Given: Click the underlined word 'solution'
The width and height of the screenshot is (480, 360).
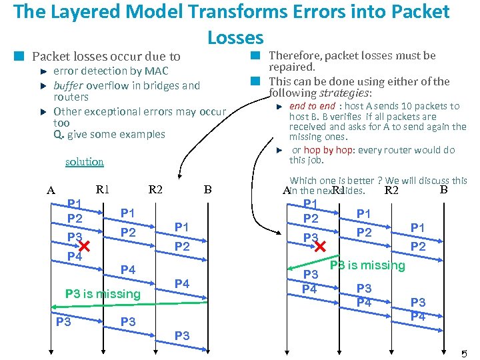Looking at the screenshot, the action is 85,161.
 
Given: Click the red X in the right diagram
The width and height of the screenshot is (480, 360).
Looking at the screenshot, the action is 320,247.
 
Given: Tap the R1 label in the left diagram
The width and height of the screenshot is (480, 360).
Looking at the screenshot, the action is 103,189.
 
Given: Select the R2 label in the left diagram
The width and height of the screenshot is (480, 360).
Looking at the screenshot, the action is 155,189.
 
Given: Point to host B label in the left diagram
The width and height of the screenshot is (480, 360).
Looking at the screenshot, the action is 207,190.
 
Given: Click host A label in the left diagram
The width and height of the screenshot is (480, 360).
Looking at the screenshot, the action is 51,191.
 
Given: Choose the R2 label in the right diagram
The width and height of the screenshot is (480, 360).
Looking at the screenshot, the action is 391,191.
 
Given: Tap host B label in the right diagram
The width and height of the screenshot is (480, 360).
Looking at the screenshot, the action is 443,189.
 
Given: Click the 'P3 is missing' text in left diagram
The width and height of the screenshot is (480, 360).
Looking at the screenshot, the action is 103,294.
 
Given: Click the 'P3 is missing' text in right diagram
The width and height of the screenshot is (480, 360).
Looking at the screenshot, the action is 367,265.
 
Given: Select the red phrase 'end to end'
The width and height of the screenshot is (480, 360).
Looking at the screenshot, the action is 312,106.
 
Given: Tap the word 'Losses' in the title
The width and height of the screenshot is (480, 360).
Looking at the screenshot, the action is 235,37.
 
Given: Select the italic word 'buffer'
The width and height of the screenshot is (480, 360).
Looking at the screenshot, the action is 68,85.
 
